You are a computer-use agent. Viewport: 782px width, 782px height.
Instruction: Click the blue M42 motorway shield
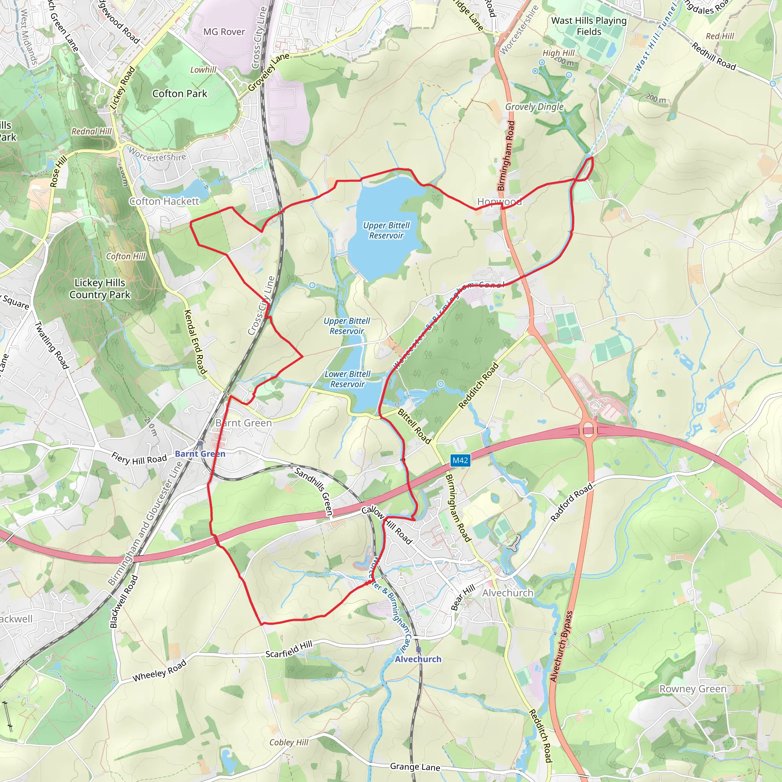460,460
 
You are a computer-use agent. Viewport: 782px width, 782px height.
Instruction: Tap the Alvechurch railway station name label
418,659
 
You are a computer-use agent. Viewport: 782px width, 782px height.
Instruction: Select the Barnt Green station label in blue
200,454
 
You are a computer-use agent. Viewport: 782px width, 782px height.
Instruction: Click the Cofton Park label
180,94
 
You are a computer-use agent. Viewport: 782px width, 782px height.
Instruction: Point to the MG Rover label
224,32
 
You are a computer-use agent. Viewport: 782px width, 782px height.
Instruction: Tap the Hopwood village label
499,202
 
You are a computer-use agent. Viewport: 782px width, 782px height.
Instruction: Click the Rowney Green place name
693,689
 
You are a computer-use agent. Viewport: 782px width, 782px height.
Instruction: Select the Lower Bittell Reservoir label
347,379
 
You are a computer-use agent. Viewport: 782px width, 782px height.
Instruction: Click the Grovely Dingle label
534,107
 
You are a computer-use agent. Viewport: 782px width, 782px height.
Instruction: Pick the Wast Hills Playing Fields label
589,26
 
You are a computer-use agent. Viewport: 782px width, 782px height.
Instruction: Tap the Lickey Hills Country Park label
100,289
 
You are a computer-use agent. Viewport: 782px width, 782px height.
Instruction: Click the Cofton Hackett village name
164,201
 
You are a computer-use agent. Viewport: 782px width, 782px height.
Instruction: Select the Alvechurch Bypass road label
561,646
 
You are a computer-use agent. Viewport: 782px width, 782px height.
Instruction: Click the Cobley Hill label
289,742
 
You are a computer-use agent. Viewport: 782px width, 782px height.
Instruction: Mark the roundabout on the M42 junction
588,429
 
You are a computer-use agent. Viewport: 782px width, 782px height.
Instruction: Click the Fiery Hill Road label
139,459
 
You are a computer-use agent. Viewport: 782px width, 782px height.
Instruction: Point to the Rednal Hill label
92,131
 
